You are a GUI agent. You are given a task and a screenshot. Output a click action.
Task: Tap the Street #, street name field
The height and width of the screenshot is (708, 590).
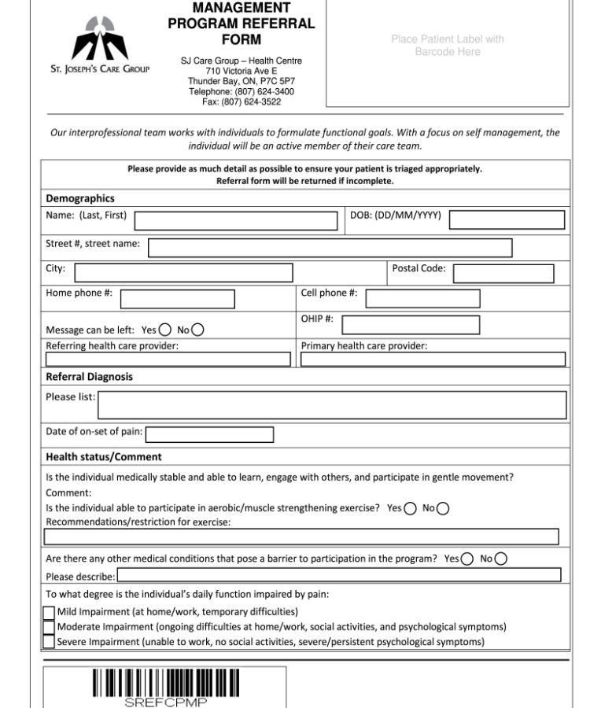[x=330, y=248]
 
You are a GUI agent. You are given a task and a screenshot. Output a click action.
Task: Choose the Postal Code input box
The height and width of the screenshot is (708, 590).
[x=503, y=273]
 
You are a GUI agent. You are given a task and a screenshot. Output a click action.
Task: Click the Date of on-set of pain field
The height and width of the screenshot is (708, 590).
[x=210, y=434]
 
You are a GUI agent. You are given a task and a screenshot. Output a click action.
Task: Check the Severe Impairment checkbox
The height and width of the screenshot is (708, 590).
[x=49, y=642]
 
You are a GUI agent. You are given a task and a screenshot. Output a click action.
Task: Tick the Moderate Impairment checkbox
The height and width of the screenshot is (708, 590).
[x=49, y=627]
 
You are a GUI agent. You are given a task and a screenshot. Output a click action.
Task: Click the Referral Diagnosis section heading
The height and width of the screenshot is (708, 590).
[x=88, y=377]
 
